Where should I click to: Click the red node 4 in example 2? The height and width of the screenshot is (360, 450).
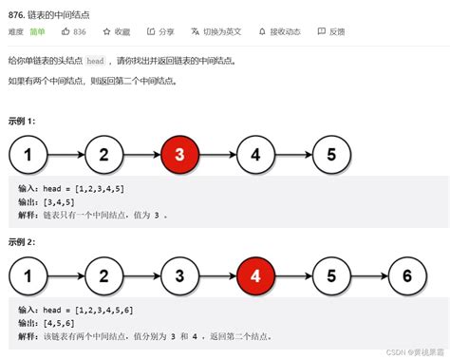pos(253,275)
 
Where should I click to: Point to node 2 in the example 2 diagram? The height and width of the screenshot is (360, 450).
pos(104,275)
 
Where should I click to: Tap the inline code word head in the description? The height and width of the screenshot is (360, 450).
pos(95,61)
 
